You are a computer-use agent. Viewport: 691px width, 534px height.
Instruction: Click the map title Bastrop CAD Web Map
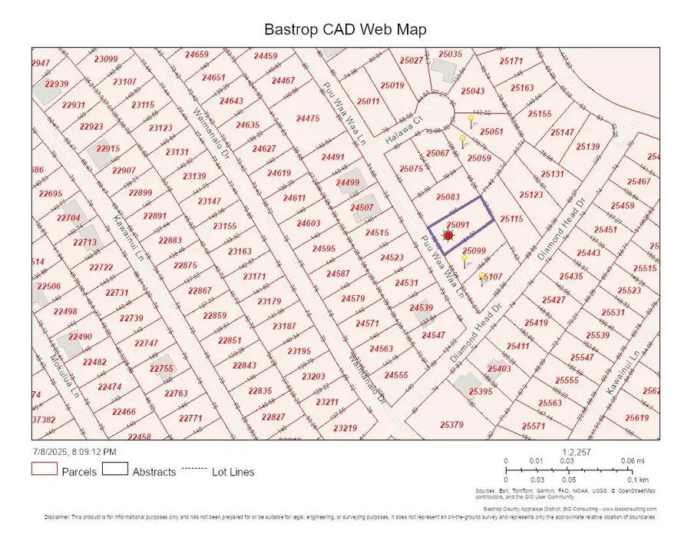click(x=345, y=30)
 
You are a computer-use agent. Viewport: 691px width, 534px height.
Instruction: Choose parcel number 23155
click(x=225, y=226)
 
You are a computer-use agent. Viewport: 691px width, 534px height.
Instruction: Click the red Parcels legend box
click(x=44, y=470)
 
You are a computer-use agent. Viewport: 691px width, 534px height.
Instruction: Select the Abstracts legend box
click(x=114, y=470)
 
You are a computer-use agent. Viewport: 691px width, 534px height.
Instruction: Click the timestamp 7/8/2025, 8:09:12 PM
click(x=74, y=452)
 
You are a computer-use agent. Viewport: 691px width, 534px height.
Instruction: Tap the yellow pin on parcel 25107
click(x=482, y=277)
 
